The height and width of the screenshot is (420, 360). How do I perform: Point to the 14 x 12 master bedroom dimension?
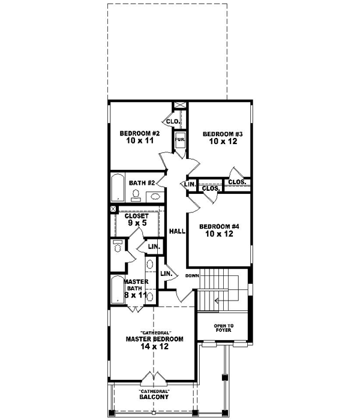click(x=154, y=347)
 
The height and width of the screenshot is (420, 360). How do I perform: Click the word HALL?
click(x=176, y=231)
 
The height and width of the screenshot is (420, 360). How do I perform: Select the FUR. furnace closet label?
click(x=179, y=140)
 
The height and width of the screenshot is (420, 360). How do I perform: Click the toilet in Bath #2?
click(x=136, y=194)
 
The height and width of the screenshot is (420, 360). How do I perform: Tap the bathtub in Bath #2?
click(x=117, y=188)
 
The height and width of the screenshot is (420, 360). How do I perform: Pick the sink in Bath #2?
click(x=155, y=196)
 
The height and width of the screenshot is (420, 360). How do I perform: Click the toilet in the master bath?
click(x=118, y=246)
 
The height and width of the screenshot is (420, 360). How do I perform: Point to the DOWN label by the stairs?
click(x=192, y=275)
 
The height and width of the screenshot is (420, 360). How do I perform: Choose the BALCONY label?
click(x=154, y=397)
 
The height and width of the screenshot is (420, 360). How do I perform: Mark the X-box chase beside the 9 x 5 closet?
click(x=113, y=209)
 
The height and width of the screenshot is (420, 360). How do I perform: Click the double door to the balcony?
click(x=154, y=379)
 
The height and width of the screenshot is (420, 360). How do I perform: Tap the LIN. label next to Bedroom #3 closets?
click(x=190, y=184)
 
